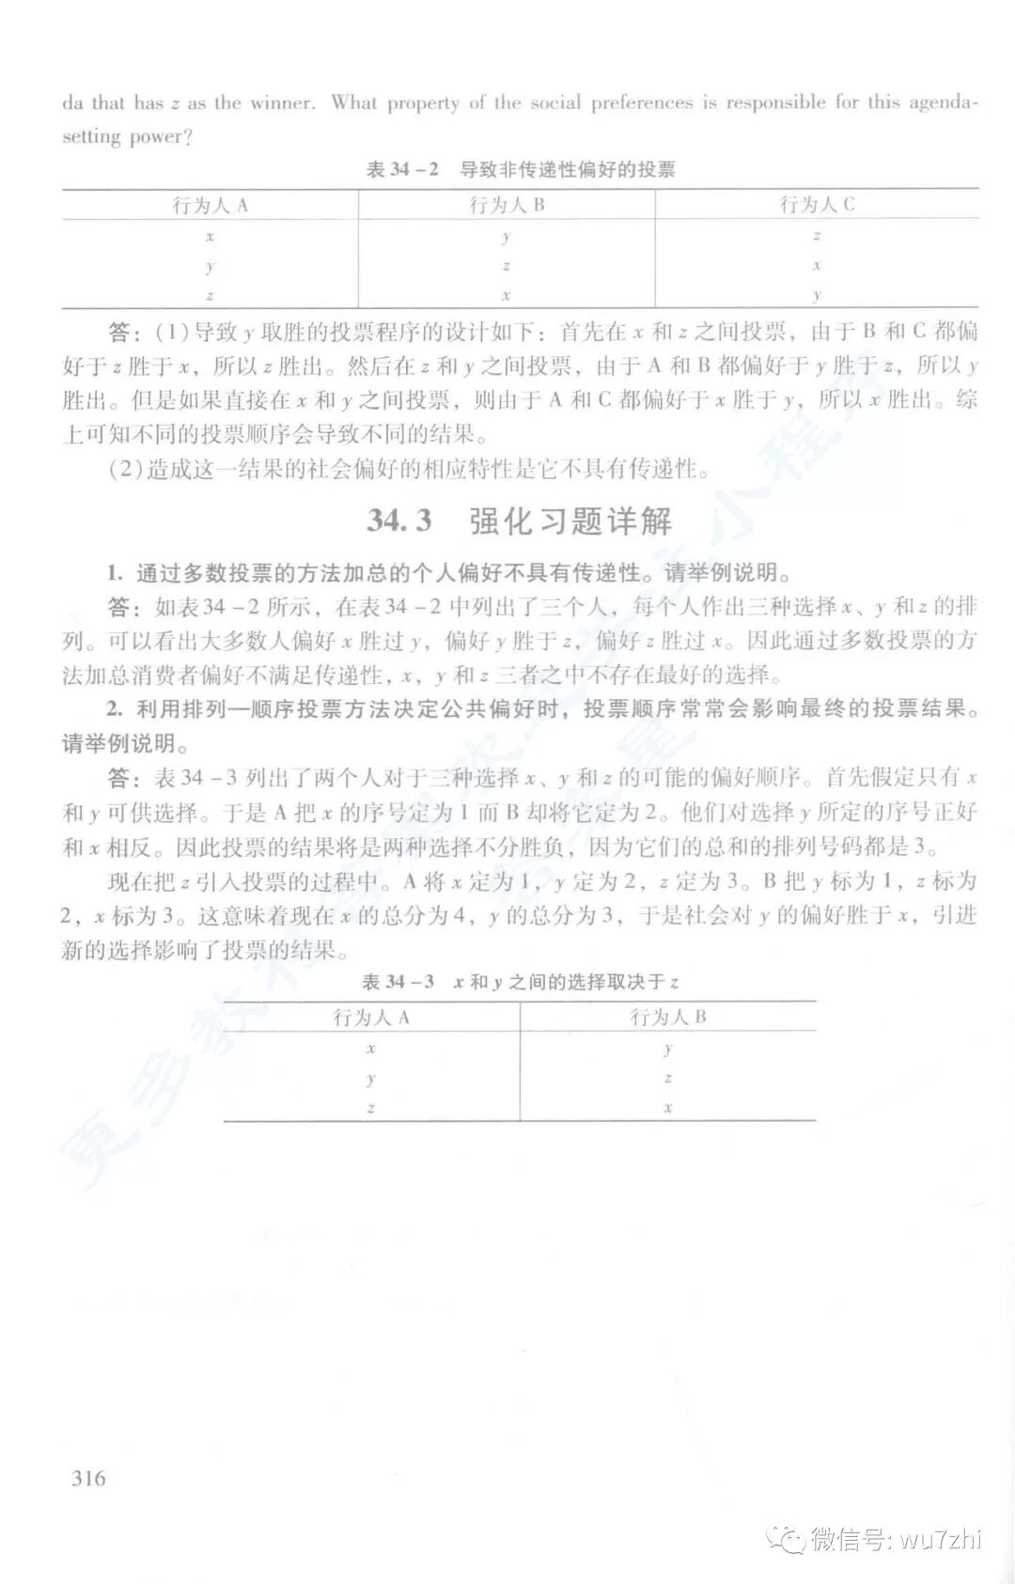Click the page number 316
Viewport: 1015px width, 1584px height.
(x=88, y=1478)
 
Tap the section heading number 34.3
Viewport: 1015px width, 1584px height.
(x=399, y=520)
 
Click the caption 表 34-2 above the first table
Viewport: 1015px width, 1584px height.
(x=402, y=170)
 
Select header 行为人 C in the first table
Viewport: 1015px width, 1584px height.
(x=817, y=205)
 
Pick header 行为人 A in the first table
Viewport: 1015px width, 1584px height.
(x=210, y=205)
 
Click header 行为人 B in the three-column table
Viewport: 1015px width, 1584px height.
(x=507, y=205)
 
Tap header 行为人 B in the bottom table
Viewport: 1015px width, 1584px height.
(x=667, y=1017)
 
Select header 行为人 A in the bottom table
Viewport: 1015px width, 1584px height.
(x=371, y=1017)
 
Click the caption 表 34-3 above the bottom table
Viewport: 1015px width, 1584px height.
(x=398, y=982)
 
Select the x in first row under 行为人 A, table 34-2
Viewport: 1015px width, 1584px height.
(x=210, y=236)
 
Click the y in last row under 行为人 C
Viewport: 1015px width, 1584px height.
(x=817, y=295)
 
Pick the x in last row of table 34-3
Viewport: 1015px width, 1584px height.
(x=667, y=1107)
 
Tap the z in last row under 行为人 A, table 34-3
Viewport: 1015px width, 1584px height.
(x=371, y=1107)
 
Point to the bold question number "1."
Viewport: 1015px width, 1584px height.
(x=115, y=573)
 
